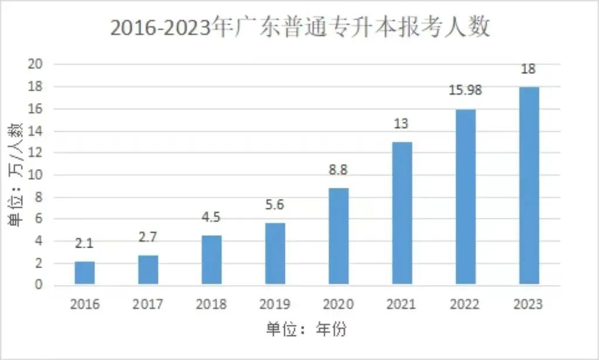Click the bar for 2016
(85, 273)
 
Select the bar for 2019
(275, 254)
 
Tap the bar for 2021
(402, 214)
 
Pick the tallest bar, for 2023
(529, 186)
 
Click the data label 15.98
(465, 91)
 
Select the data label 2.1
(85, 243)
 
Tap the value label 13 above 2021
(402, 124)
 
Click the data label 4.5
(212, 217)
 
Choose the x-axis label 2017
(148, 304)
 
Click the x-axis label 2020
(339, 304)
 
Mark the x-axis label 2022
(465, 304)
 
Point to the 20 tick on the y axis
(36, 64)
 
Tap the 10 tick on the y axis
(36, 175)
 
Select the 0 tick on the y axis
(39, 285)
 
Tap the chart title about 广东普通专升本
(299, 28)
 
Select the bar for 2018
(212, 260)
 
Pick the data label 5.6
(275, 205)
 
